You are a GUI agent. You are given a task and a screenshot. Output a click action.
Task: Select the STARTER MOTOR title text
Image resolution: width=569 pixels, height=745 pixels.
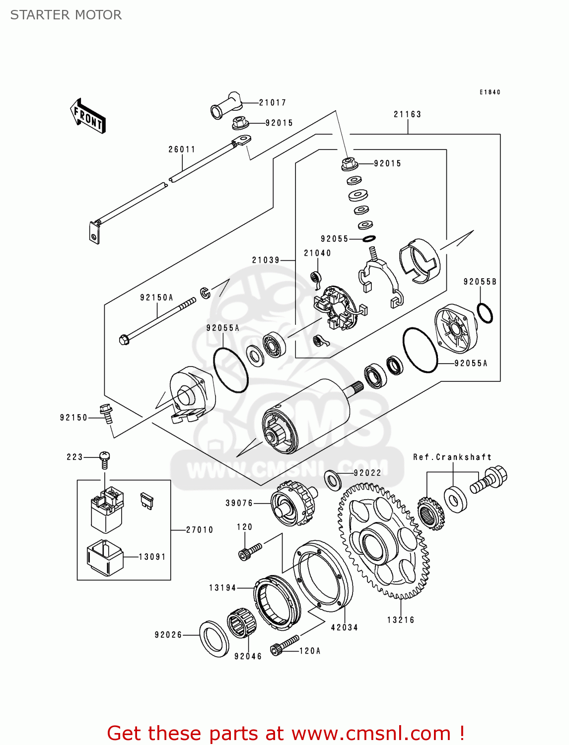pos(66,15)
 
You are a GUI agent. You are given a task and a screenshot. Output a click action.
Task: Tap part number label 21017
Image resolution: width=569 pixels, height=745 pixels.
pos(273,103)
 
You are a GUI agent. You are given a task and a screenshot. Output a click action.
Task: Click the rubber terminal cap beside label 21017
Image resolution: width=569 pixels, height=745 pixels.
pos(226,105)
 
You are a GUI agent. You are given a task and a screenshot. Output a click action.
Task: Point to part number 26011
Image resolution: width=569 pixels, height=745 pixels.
pos(182,149)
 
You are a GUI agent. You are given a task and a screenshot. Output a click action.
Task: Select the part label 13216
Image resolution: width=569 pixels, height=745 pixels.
pos(401,620)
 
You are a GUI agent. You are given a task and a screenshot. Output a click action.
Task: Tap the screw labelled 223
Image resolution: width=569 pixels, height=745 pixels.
pos(104,459)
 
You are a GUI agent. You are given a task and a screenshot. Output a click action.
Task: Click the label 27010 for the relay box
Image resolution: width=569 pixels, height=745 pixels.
pos(200,530)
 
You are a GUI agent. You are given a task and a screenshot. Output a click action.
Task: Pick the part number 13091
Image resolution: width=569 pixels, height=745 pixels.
pos(152,557)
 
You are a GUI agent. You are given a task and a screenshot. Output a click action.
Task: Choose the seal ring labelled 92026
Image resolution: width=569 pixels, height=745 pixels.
pos(214,638)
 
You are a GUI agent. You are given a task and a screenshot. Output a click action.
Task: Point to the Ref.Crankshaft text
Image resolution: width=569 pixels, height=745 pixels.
pos(452,457)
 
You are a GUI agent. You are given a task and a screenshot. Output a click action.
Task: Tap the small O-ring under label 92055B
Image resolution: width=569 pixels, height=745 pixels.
pos(485,313)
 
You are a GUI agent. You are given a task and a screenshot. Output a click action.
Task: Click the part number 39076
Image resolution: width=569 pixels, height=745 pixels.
pos(239,503)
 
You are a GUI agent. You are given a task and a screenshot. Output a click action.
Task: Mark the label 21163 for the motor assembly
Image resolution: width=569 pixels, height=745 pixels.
pos(407,114)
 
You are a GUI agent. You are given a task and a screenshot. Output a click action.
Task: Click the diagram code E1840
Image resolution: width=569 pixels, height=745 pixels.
pos(490,92)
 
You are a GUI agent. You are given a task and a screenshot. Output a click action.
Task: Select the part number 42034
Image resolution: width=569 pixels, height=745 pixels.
pos(345,627)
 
